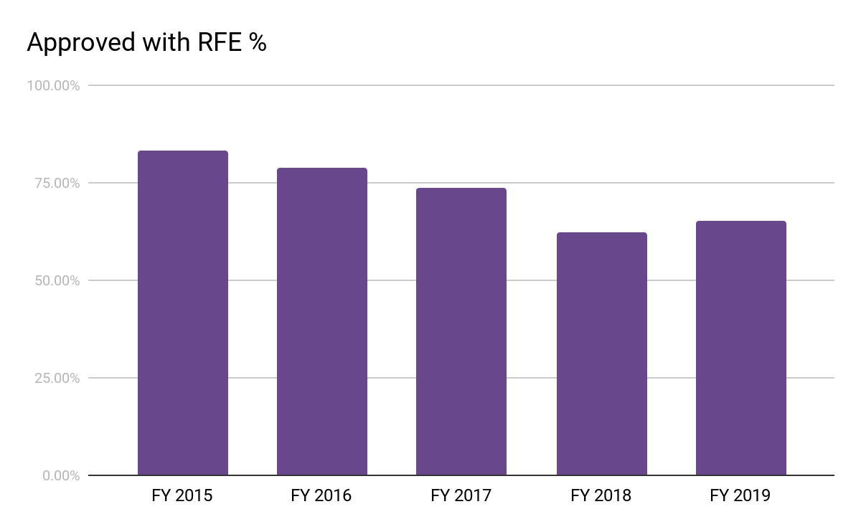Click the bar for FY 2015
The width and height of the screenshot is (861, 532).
[x=183, y=313]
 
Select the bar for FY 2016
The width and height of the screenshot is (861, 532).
[x=322, y=322]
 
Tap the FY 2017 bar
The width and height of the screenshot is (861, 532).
[x=461, y=332]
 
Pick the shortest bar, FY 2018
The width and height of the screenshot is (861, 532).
[x=601, y=354]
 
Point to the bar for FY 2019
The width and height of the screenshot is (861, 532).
[x=740, y=348]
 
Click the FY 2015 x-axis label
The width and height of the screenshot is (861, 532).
[x=182, y=495]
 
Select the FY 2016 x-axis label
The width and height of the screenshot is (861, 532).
[x=321, y=495]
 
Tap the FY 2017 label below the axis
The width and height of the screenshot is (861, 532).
[x=461, y=495]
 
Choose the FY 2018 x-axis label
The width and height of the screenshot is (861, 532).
[x=601, y=495]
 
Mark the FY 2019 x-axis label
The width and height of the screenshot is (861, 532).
[x=740, y=495]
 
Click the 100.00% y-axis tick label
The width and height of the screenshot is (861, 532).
[x=53, y=86]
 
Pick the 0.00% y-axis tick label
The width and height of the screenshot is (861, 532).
[x=60, y=476]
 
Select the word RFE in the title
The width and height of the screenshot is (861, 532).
[x=215, y=43]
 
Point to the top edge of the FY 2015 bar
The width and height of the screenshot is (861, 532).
[x=183, y=151]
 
